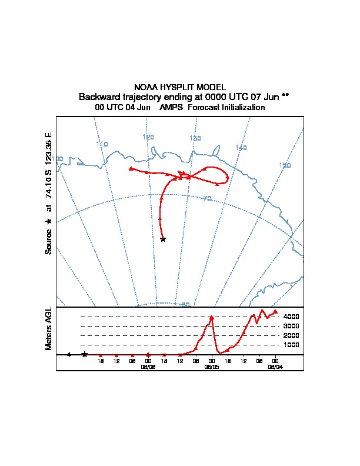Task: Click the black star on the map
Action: [x=163, y=239]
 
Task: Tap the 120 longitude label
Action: [x=148, y=137]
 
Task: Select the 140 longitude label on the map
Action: [x=241, y=147]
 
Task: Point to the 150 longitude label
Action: [x=285, y=165]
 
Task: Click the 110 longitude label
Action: [x=102, y=144]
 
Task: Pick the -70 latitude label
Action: [x=206, y=199]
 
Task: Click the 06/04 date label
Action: [x=275, y=366]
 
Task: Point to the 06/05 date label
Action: [x=211, y=366]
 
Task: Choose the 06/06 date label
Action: [x=148, y=366]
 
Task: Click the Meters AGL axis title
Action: [x=49, y=328]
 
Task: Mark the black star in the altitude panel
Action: [x=85, y=354]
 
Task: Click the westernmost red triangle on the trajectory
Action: [x=131, y=168]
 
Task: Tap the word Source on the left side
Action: [x=49, y=241]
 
